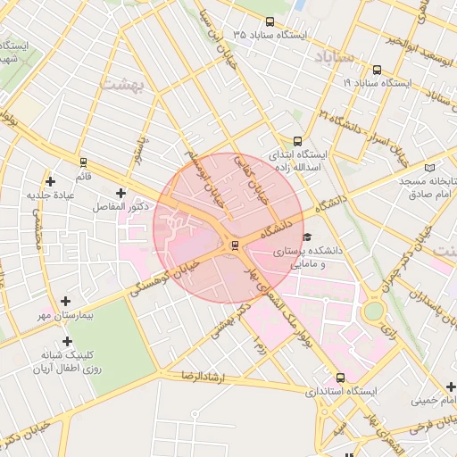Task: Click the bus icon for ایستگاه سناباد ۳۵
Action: (x=270, y=21)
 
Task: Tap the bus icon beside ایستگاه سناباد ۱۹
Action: (x=377, y=70)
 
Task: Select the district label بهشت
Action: (x=136, y=83)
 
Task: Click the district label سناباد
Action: (x=335, y=56)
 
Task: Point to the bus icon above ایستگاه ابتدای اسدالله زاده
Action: (x=297, y=140)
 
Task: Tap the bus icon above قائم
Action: (x=83, y=162)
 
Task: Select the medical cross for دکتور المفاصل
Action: (x=120, y=192)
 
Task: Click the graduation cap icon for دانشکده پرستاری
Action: (x=307, y=237)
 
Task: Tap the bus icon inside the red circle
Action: (x=235, y=245)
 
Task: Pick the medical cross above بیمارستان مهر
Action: (x=65, y=301)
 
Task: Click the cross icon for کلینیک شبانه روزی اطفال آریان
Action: (x=67, y=341)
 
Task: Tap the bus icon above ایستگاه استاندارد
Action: (x=340, y=378)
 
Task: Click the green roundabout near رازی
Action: (x=373, y=311)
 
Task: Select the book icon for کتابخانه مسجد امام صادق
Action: (x=432, y=167)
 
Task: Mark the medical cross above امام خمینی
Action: (x=451, y=386)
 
